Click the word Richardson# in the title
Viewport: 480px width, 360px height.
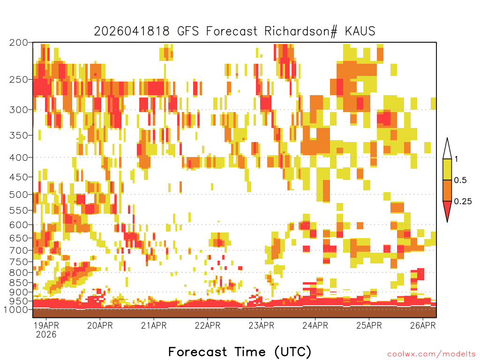point(300,31)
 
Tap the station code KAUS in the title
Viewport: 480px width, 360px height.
point(360,31)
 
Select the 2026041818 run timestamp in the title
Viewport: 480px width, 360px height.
point(132,31)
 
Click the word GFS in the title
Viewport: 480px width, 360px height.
point(188,31)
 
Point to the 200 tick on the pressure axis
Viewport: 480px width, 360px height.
point(18,43)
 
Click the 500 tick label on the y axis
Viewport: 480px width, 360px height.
point(18,195)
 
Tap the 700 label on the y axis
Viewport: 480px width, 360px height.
point(18,250)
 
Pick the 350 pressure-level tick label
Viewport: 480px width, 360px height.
point(18,135)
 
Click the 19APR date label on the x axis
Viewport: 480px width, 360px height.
point(46,325)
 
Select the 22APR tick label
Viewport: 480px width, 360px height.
point(208,325)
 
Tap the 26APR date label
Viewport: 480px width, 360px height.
point(423,325)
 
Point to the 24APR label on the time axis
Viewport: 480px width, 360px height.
point(315,325)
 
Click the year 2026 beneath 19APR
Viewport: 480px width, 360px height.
point(46,334)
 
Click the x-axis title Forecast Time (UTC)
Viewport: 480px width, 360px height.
point(240,352)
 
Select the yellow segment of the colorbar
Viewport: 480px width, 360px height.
point(447,169)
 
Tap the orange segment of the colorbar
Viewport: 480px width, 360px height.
point(447,190)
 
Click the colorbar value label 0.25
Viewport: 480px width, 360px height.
point(463,201)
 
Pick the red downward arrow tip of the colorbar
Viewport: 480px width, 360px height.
point(447,222)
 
